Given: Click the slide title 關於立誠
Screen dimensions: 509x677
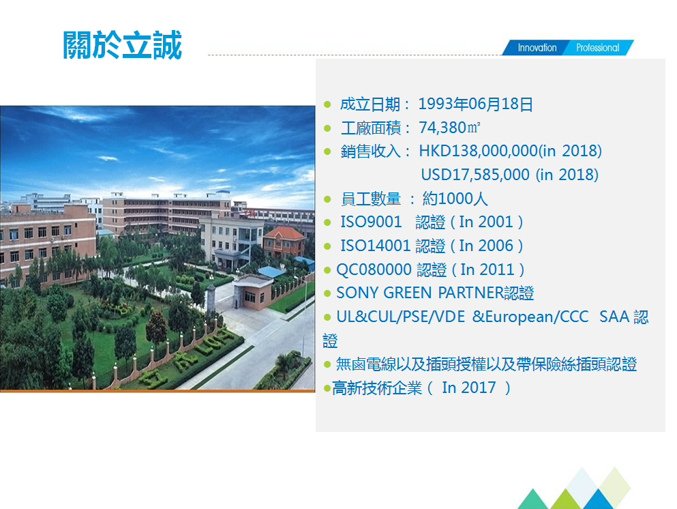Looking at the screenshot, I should [123, 46].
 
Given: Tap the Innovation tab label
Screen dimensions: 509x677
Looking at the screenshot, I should [537, 48].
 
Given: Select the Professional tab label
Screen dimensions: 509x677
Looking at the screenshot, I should [597, 48].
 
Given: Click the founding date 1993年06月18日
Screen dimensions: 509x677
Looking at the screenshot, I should [475, 104].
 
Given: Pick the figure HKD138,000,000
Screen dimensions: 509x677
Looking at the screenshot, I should [479, 151].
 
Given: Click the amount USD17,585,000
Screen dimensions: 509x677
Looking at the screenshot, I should [475, 175].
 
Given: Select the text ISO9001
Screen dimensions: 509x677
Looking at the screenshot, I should [371, 222].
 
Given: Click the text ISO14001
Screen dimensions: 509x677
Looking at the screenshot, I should [375, 246].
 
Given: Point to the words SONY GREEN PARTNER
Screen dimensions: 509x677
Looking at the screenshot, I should [419, 293].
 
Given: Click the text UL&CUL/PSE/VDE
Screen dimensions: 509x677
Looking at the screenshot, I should [402, 317].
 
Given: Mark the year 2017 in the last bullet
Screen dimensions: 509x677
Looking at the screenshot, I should [479, 388].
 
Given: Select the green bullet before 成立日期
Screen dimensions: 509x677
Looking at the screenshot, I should [327, 105].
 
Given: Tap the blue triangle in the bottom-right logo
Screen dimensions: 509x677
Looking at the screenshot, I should [599, 499].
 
